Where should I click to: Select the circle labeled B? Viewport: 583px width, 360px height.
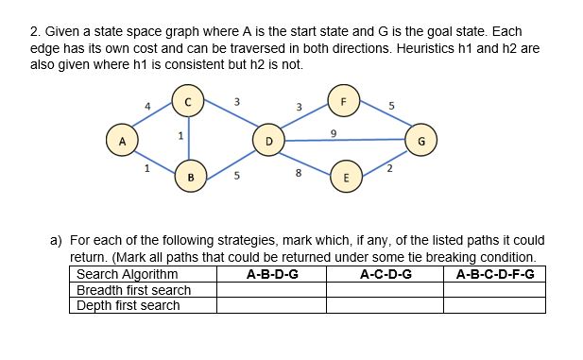(x=190, y=175)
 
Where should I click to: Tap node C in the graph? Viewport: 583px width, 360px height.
(x=188, y=100)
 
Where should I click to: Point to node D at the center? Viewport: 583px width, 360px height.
(x=268, y=141)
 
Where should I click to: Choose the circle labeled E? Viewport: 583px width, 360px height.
(x=346, y=176)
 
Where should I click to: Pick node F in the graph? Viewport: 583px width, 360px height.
(x=344, y=101)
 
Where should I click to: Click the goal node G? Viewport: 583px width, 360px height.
(x=420, y=142)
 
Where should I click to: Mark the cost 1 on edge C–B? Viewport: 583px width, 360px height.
(x=180, y=137)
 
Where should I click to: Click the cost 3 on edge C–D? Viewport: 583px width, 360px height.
(x=236, y=101)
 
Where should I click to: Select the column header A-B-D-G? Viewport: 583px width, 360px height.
(x=271, y=275)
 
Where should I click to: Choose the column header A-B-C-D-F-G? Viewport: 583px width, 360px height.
(x=494, y=275)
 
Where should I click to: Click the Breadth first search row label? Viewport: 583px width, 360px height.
(x=133, y=290)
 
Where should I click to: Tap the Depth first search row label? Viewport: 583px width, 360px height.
(x=128, y=305)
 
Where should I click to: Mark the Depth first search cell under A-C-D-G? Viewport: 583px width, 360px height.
(x=385, y=305)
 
